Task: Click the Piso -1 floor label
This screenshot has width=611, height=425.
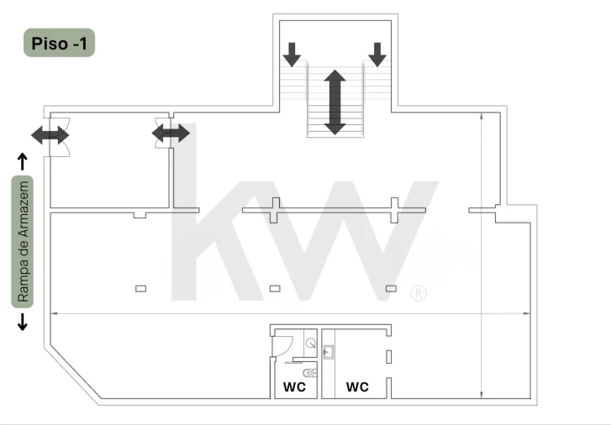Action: pyautogui.click(x=59, y=43)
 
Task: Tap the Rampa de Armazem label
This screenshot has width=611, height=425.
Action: pyautogui.click(x=23, y=242)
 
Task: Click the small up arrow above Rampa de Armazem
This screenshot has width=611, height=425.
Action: pyautogui.click(x=23, y=161)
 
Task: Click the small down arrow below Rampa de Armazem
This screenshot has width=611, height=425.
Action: pyautogui.click(x=23, y=322)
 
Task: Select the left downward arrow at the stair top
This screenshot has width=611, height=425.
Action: pyautogui.click(x=292, y=55)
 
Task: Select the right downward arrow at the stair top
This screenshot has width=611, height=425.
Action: pyautogui.click(x=377, y=55)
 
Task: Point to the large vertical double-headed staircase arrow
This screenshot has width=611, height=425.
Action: pyautogui.click(x=334, y=102)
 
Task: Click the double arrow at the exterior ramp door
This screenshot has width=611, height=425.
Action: pyautogui.click(x=50, y=135)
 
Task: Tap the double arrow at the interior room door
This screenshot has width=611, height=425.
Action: pyautogui.click(x=171, y=134)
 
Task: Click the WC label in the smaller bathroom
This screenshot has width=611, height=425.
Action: pyautogui.click(x=295, y=387)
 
